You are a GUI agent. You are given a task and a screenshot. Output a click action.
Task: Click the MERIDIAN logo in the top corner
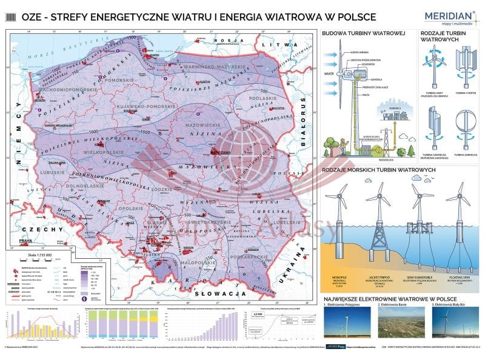tap(452, 16)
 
